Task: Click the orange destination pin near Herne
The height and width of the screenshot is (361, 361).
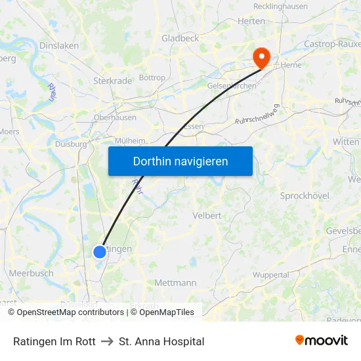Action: click(261, 57)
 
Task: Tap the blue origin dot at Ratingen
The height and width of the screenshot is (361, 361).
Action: click(100, 251)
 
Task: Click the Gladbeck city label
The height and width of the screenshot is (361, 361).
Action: click(180, 38)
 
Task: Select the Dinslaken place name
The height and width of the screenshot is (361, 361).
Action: click(59, 46)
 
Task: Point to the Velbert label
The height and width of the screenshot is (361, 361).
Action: click(207, 215)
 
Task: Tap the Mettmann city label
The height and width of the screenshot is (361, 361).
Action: click(175, 283)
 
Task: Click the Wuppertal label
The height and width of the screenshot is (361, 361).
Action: click(270, 275)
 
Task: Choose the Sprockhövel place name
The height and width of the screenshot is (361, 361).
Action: click(305, 196)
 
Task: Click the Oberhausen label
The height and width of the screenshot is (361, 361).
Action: click(115, 117)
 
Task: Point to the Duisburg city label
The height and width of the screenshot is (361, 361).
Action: click(71, 144)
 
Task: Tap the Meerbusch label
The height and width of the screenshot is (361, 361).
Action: click(31, 272)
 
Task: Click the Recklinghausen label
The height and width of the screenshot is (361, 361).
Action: click(280, 7)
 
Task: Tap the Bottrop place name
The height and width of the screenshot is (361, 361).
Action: click(152, 77)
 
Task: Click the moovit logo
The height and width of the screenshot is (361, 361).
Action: click(321, 341)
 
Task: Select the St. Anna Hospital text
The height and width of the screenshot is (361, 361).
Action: click(161, 341)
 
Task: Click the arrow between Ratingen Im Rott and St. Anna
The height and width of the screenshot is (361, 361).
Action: click(107, 341)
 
